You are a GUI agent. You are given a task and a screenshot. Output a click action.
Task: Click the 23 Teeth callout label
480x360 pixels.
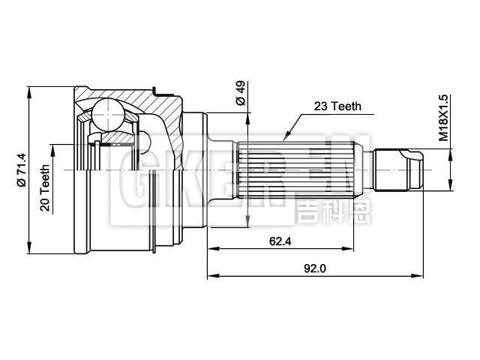tap(337, 106)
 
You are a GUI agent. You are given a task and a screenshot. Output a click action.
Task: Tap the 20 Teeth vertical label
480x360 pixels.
tap(46, 188)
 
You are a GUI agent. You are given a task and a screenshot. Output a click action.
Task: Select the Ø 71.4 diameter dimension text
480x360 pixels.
tap(22, 170)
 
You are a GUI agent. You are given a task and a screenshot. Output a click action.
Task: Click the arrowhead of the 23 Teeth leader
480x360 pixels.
tap(284, 139)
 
